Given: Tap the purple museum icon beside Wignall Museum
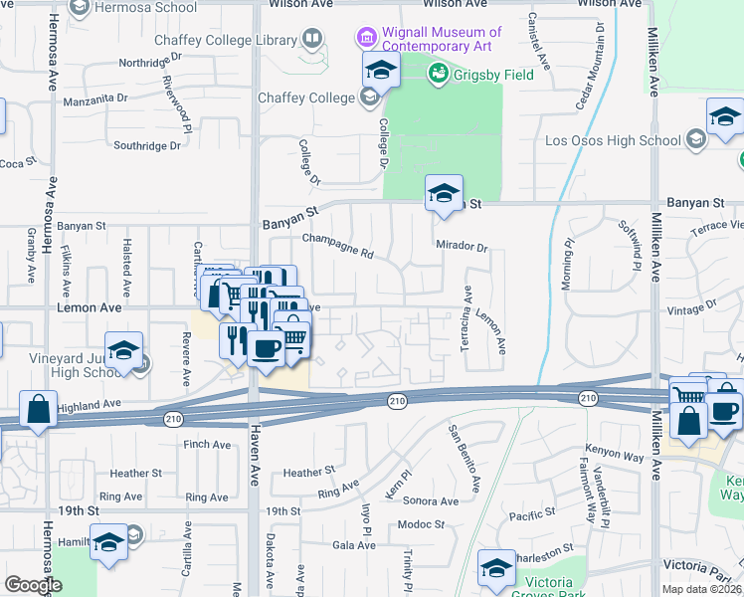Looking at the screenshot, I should click(x=367, y=39).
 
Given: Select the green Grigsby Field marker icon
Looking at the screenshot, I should click(x=438, y=73).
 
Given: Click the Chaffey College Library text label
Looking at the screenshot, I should click(x=227, y=41).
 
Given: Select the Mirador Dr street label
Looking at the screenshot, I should click(x=462, y=247).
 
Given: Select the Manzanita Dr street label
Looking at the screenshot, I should click(x=95, y=99).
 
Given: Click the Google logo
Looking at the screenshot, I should click(x=33, y=585).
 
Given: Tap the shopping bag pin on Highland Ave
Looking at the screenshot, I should click(x=38, y=409).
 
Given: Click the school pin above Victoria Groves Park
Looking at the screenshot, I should click(x=495, y=568).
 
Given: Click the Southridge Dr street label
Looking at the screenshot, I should click(x=147, y=145).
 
